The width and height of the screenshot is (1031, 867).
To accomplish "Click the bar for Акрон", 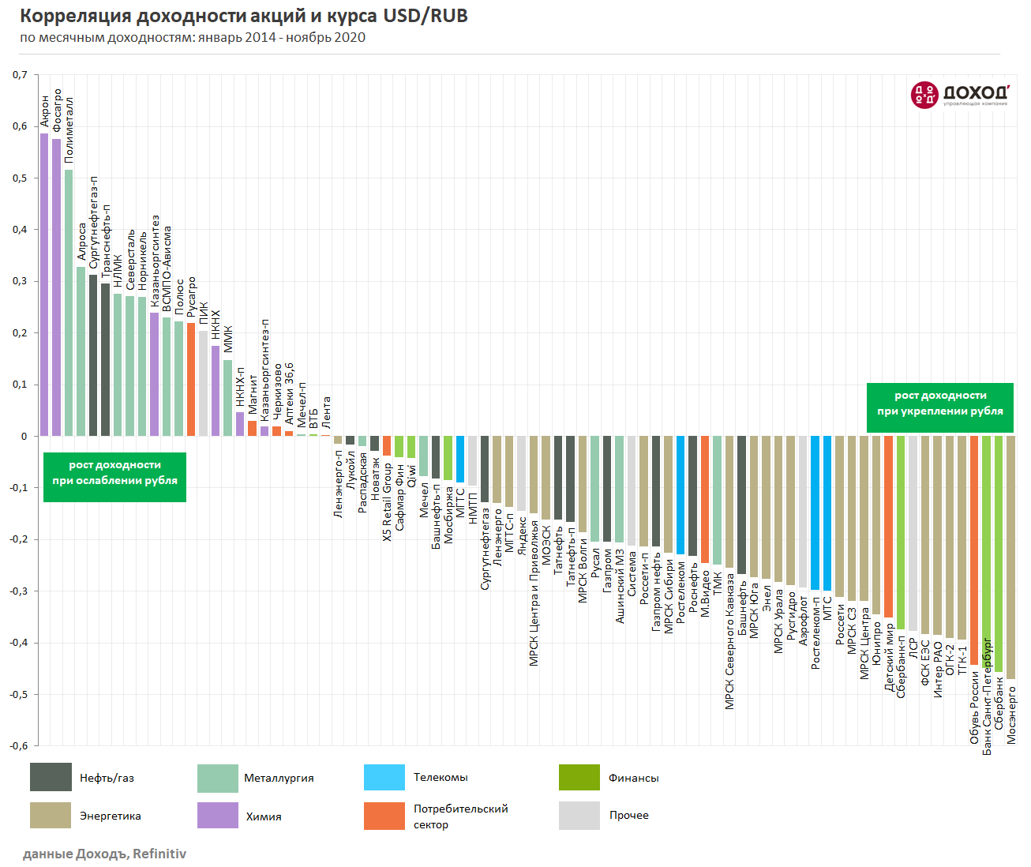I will pyautogui.click(x=44, y=284).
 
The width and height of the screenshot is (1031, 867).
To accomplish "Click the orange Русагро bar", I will pyautogui.click(x=191, y=379).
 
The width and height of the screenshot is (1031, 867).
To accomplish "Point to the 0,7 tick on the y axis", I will pyautogui.click(x=20, y=75).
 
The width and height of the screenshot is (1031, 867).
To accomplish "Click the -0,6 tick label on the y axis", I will pyautogui.click(x=18, y=745).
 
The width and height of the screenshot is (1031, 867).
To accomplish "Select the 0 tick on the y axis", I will pyautogui.click(x=24, y=436).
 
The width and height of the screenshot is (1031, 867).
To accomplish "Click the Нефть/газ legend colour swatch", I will pyautogui.click(x=51, y=777).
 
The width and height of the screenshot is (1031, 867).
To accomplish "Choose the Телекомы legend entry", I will pyautogui.click(x=440, y=777).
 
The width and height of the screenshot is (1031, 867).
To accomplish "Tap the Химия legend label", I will pyautogui.click(x=263, y=816).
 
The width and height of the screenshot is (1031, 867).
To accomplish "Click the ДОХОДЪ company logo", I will pyautogui.click(x=959, y=95).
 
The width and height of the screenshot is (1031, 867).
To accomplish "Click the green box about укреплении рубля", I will pyautogui.click(x=939, y=407).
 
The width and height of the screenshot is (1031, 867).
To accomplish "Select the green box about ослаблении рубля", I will pyautogui.click(x=114, y=477).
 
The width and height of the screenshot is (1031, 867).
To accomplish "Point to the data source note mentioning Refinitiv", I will pyautogui.click(x=104, y=854).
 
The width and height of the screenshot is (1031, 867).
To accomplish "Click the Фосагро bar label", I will pyautogui.click(x=57, y=110).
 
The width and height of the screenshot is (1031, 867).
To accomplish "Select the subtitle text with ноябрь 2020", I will pyautogui.click(x=193, y=37).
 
